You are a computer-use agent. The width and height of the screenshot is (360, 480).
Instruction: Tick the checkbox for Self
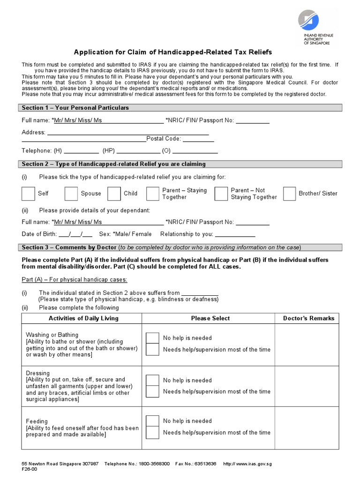click(28, 194)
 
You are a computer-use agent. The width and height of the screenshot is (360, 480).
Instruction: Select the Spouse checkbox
click(71, 194)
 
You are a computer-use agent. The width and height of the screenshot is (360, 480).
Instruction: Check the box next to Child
click(114, 194)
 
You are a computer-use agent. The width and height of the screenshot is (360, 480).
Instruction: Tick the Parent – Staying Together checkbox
click(152, 194)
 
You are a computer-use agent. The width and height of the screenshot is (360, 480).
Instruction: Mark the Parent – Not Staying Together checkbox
click(221, 194)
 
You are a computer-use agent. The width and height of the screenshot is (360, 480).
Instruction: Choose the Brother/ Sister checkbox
click(289, 194)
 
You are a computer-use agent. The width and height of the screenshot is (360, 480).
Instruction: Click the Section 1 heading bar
click(181, 108)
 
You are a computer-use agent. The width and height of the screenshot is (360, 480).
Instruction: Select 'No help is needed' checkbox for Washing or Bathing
click(152, 338)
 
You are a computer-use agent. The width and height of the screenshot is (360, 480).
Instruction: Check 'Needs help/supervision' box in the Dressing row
click(152, 391)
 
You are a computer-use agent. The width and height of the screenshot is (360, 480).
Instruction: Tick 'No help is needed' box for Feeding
click(152, 421)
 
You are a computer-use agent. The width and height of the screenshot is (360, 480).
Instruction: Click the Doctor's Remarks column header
click(308, 318)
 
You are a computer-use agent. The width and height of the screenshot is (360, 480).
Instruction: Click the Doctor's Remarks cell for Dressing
click(308, 386)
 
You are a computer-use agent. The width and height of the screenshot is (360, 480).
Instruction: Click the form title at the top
click(173, 52)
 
